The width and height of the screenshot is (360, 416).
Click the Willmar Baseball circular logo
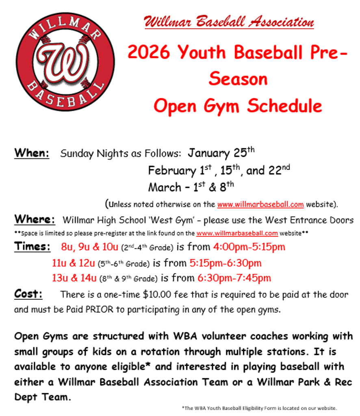pyautogui.click(x=65, y=62)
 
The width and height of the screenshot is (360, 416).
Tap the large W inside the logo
pyautogui.click(x=63, y=62)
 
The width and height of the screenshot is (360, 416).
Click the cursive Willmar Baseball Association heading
pyautogui.click(x=229, y=22)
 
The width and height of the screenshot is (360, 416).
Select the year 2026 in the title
pyautogui.click(x=148, y=52)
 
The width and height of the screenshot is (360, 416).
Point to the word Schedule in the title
pyautogui.click(x=284, y=106)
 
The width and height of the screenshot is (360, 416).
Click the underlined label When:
pyautogui.click(x=32, y=153)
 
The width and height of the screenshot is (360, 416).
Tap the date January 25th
pyautogui.click(x=221, y=152)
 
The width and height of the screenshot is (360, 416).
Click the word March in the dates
pyautogui.click(x=165, y=187)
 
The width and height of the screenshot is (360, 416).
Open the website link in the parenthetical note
pyautogui.click(x=260, y=204)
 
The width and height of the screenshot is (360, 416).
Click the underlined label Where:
pyautogui.click(x=35, y=219)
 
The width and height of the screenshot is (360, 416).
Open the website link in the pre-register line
pyautogui.click(x=237, y=233)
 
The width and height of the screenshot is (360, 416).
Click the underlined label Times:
pyautogui.click(x=32, y=247)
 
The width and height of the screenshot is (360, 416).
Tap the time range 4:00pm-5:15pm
pyautogui.click(x=249, y=247)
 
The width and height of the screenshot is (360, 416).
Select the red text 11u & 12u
pyautogui.click(x=73, y=263)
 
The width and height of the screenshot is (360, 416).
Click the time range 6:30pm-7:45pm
pyautogui.click(x=234, y=278)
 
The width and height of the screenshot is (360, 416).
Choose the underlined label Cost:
pyautogui.click(x=28, y=294)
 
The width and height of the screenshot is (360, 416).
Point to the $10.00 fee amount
pyautogui.click(x=157, y=294)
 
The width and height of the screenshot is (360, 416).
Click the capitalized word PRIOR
pyautogui.click(x=100, y=309)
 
